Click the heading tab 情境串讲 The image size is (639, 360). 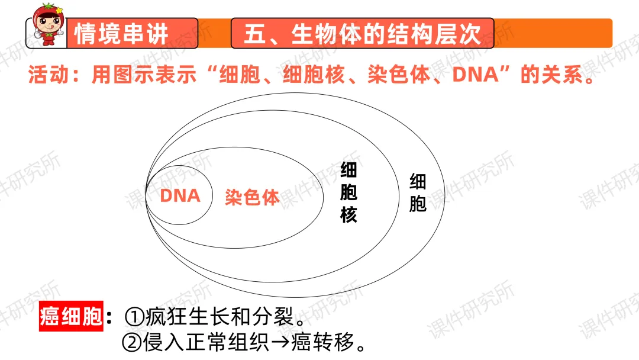click(121, 34)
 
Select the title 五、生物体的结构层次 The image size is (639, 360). click(362, 34)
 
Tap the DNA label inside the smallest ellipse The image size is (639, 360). click(180, 195)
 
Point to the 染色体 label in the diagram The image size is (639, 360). click(252, 197)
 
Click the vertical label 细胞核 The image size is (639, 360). click(348, 193)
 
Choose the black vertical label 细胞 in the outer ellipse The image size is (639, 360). click(418, 193)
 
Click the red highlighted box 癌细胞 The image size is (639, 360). click(72, 317)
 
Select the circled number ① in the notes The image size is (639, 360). click(133, 317)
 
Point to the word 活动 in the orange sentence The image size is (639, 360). click(46, 77)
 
